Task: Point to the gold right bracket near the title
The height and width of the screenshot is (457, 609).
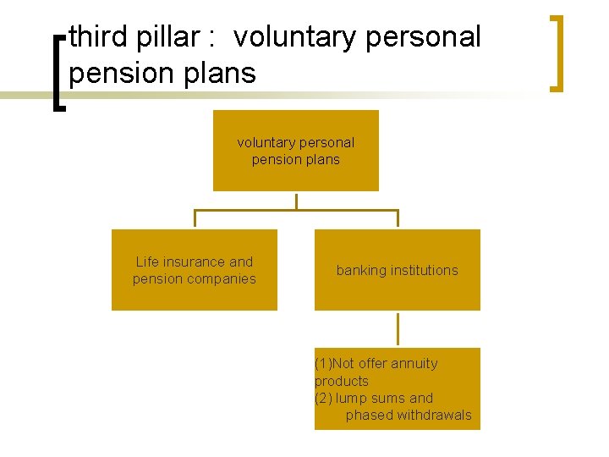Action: pos(556,52)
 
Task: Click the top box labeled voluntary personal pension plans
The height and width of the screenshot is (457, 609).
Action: pos(295,151)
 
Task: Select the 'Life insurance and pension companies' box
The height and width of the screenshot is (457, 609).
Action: pos(195,270)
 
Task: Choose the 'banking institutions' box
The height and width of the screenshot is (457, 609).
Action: pos(397,270)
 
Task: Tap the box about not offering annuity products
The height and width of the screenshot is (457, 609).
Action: pos(397,388)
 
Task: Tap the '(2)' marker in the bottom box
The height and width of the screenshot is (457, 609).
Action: pos(323,399)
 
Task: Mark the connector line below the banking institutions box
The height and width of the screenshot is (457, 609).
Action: pos(398,329)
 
